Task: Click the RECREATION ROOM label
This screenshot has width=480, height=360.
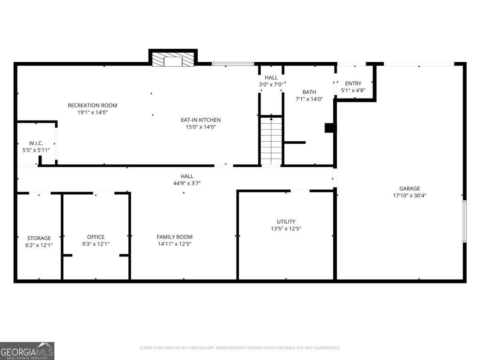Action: [92, 105]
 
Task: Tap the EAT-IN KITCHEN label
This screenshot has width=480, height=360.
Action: [201, 120]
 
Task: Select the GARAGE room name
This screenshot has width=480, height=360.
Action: [410, 188]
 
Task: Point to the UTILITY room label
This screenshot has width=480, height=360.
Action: [286, 222]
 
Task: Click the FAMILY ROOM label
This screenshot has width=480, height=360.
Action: [175, 237]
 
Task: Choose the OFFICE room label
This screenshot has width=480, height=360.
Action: [96, 237]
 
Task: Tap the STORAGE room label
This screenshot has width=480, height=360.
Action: [39, 238]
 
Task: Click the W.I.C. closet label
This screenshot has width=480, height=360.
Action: [36, 143]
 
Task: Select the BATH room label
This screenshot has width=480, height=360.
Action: [309, 92]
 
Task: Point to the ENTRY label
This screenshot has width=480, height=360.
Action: [353, 83]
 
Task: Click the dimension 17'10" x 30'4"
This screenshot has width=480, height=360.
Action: [410, 196]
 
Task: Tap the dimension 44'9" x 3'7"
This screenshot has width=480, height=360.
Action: [187, 183]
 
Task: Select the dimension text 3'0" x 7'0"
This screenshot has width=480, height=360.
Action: [271, 84]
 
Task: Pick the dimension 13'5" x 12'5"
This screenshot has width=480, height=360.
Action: [286, 229]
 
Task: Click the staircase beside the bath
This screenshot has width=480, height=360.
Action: [271, 141]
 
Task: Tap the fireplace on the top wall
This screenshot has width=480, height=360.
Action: [173, 58]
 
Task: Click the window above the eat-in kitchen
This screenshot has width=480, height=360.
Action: [233, 64]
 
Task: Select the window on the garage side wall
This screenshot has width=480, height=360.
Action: [465, 221]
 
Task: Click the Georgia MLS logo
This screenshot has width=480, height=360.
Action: [27, 351]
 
